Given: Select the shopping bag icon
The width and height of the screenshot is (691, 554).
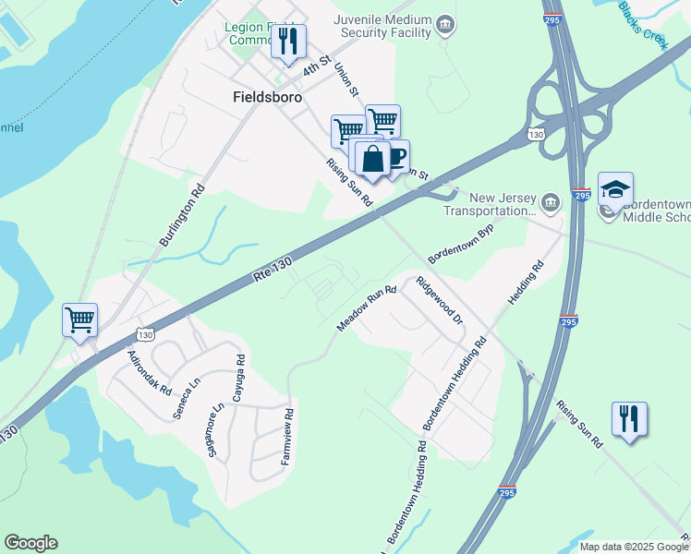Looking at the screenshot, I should [x=372, y=158].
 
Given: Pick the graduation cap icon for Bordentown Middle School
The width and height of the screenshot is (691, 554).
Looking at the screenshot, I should [x=615, y=190].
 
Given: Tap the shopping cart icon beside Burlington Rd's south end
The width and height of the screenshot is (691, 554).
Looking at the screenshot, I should [x=80, y=320].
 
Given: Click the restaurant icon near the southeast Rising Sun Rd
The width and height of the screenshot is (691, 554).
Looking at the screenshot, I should [x=629, y=418].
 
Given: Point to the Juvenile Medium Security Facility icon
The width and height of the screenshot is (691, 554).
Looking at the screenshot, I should [x=445, y=23].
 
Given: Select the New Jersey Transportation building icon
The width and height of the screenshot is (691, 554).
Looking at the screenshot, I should [x=550, y=202].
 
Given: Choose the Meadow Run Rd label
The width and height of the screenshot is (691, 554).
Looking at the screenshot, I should [x=367, y=307].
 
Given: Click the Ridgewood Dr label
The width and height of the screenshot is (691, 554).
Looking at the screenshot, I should [x=439, y=300].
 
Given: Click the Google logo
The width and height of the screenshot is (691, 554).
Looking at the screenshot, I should [x=30, y=543].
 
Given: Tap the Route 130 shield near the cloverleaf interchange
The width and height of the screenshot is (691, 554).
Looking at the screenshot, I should [x=536, y=135].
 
